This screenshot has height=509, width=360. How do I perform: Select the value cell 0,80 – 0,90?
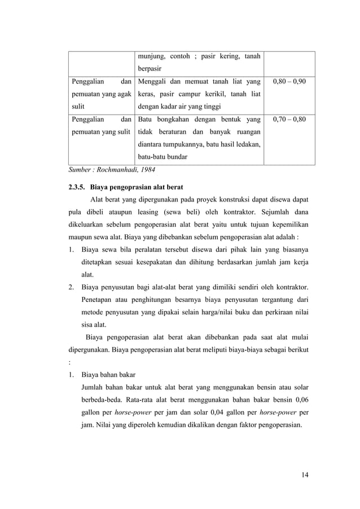tap(289, 82)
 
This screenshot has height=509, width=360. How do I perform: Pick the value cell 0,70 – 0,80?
tap(289, 120)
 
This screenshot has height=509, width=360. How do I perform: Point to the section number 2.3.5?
tap(77, 186)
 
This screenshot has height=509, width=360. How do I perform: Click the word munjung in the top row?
tap(151, 56)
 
